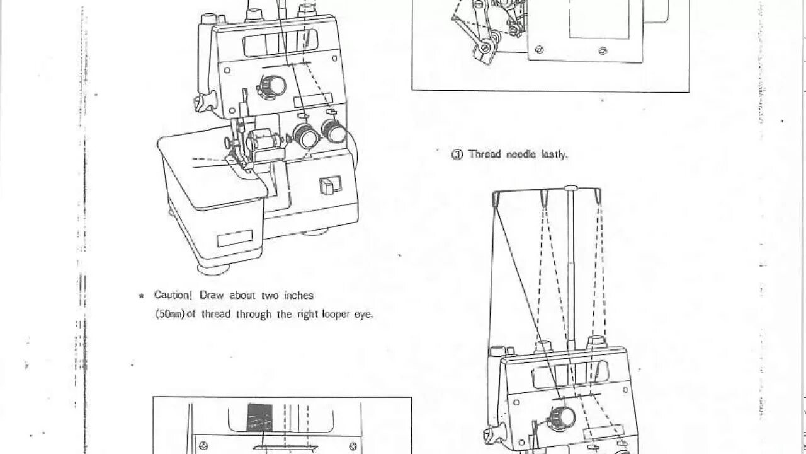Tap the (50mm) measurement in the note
point(170,314)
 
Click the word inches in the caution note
point(297,295)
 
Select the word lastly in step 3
point(554,154)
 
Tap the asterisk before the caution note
point(142,296)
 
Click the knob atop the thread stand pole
point(571,188)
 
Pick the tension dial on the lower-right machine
point(558,417)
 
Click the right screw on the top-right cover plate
point(603,50)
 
